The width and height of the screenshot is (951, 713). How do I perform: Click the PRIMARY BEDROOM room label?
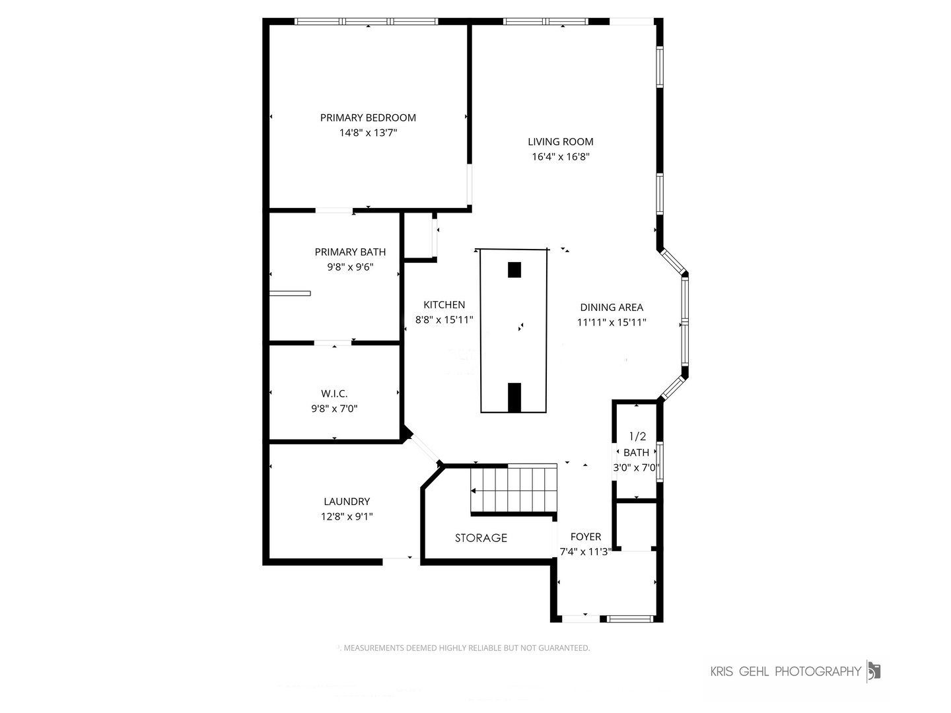point(368,118)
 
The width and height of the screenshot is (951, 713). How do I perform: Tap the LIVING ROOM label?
point(560,141)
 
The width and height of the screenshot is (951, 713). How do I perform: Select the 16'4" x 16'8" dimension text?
point(561,156)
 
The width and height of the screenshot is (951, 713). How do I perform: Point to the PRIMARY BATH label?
point(350,252)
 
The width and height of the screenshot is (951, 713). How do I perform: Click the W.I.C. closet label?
point(334,393)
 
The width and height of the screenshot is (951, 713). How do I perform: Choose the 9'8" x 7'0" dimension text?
point(334,409)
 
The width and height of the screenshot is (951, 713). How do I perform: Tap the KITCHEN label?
point(444,305)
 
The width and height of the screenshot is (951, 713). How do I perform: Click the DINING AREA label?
point(612,308)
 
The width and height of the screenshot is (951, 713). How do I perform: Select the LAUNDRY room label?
point(347,501)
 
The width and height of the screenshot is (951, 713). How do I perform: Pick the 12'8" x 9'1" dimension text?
point(347,516)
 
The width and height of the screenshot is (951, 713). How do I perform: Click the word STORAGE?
point(481,537)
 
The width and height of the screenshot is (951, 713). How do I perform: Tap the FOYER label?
point(586,537)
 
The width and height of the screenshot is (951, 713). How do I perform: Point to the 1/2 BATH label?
point(637,444)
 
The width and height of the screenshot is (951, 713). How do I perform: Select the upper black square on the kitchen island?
point(514,270)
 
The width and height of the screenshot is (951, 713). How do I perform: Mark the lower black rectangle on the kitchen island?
point(514,397)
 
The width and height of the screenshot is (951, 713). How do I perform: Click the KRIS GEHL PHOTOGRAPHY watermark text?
point(785,671)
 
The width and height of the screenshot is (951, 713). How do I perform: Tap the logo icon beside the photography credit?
point(874,671)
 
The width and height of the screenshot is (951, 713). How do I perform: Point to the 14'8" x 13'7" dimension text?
point(368,133)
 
